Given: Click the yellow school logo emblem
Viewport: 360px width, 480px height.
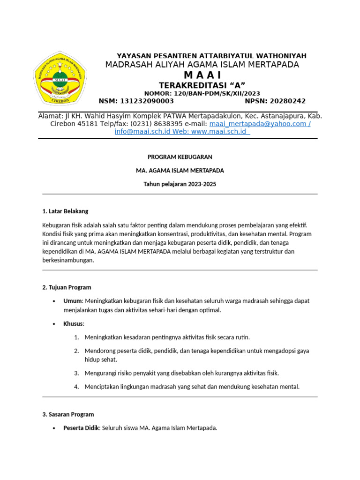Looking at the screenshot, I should (60, 78).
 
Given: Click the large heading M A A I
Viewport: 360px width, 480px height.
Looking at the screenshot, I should (202, 75).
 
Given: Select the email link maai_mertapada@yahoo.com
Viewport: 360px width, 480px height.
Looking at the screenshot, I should (260, 124).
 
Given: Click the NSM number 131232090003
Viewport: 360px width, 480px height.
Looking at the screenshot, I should (147, 101).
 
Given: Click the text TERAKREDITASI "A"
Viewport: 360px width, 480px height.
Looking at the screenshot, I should (202, 85).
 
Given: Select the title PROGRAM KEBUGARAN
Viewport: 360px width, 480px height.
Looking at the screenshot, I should (180, 157).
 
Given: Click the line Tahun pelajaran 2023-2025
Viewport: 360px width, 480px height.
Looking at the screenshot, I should (180, 184).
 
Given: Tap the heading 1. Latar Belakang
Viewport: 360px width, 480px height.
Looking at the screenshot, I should (65, 211).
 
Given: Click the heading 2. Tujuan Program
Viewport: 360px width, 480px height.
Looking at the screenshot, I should (67, 287).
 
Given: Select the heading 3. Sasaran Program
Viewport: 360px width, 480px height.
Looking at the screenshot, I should (68, 414).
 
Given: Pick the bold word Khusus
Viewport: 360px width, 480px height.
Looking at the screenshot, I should (74, 324).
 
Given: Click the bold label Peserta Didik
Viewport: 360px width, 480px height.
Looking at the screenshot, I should (81, 428).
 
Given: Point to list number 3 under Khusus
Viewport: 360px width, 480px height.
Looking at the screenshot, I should (76, 373).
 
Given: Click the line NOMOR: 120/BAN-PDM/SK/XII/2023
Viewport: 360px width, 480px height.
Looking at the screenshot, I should (202, 93).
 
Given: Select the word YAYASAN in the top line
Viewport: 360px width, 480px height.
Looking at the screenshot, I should (133, 56).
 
